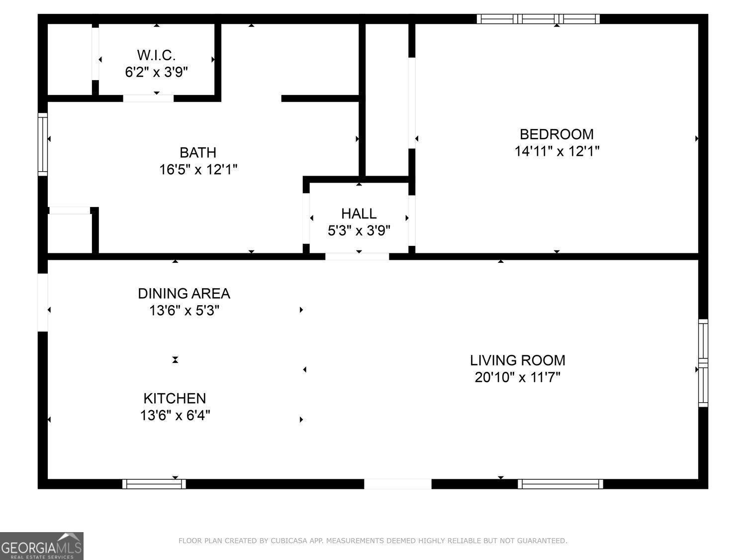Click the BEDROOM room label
556,134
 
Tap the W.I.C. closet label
156,55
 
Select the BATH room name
198,152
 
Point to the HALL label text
359,214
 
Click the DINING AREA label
184,293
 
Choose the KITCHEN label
175,398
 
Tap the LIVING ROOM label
517,360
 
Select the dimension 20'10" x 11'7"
517,377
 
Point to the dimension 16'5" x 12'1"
198,170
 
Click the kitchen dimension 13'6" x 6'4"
175,415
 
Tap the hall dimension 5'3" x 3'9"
359,230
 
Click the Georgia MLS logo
41,546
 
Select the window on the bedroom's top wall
538,19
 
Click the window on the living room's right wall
703,363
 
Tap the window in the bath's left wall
43,144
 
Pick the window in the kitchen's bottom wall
154,483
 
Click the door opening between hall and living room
357,256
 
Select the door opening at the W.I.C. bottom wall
148,98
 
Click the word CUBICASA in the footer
290,541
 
